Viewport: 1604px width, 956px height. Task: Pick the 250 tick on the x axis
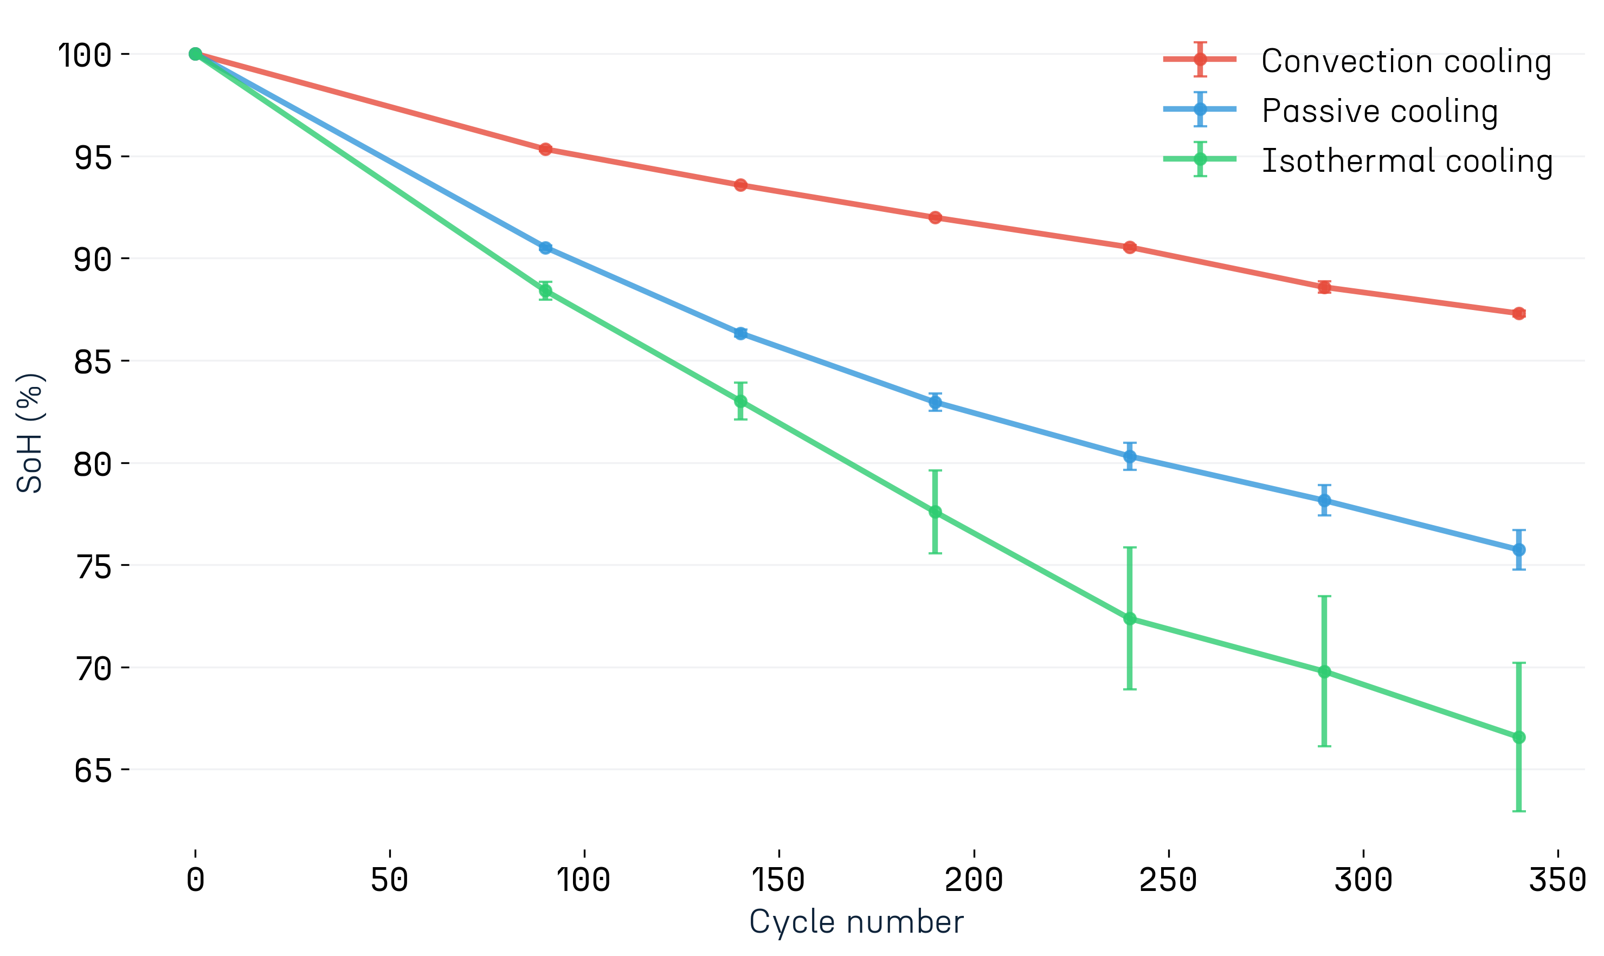coord(1168,880)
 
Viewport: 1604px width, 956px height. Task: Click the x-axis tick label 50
coord(390,880)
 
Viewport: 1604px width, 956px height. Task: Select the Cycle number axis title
coord(856,922)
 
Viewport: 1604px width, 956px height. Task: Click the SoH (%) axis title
coord(30,433)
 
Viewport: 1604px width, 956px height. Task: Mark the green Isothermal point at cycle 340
coord(1519,737)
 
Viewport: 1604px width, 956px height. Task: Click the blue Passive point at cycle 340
coord(1519,550)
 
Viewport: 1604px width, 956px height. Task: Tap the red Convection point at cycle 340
coord(1519,314)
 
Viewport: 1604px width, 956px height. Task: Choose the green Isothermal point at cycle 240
coord(1130,619)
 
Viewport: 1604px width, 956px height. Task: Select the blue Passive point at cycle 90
coord(546,247)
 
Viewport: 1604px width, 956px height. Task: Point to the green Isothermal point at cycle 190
coord(935,512)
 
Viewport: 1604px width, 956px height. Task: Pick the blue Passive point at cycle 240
coord(1130,457)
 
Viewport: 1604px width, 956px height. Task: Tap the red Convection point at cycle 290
coord(1324,287)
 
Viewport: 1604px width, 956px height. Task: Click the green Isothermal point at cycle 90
coord(546,290)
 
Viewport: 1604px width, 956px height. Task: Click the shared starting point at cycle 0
coord(195,54)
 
